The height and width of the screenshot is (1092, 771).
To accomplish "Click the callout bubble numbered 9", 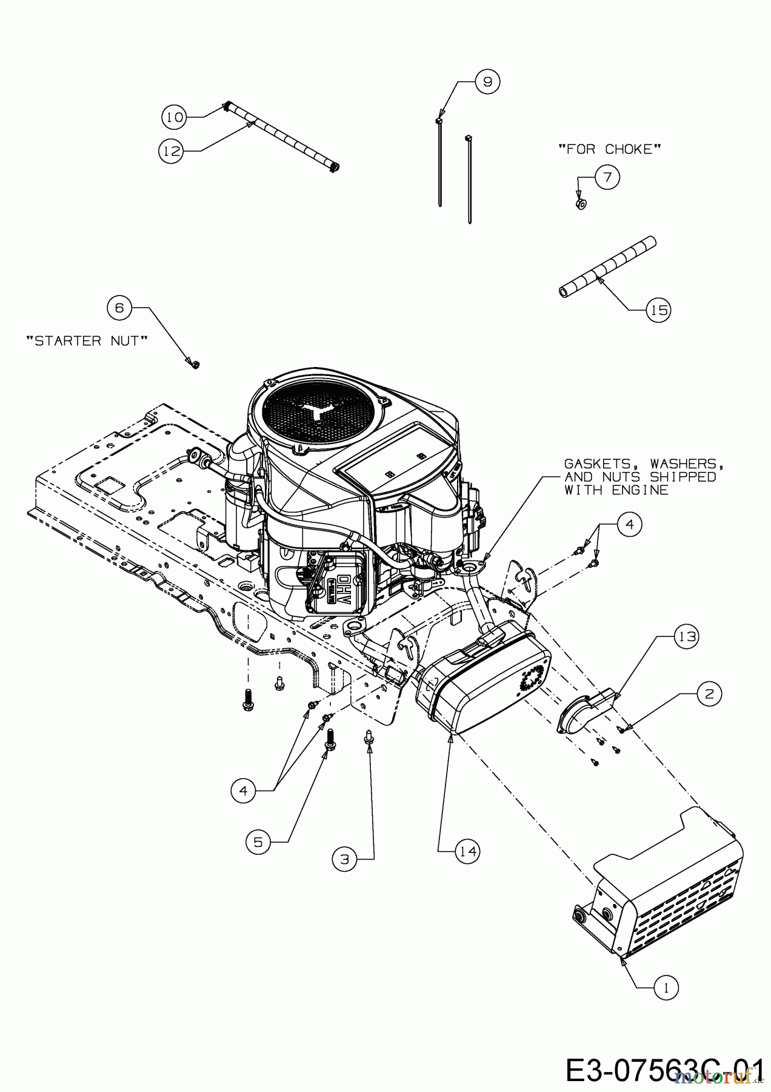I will pyautogui.click(x=488, y=81).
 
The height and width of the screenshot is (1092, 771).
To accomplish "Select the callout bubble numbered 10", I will pyautogui.click(x=174, y=116).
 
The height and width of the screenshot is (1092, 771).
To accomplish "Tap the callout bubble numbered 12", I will pyautogui.click(x=172, y=151).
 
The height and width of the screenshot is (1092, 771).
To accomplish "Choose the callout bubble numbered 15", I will pyautogui.click(x=659, y=310).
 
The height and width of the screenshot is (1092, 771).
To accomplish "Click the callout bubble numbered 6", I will pyautogui.click(x=119, y=308).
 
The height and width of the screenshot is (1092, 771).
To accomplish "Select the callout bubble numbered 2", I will pyautogui.click(x=710, y=693).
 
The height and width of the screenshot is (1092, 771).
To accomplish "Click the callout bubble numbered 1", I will pyautogui.click(x=666, y=988).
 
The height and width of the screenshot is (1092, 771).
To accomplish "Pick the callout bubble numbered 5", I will pyautogui.click(x=258, y=843).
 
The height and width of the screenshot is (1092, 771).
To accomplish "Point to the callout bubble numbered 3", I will pyautogui.click(x=344, y=858).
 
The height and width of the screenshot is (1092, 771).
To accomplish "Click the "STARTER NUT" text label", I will pyautogui.click(x=87, y=341).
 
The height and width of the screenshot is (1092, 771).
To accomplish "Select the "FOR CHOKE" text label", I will pyautogui.click(x=609, y=149).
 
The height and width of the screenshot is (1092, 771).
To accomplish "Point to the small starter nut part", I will pyautogui.click(x=195, y=364).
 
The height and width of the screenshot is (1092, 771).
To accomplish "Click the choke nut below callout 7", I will pyautogui.click(x=580, y=204).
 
